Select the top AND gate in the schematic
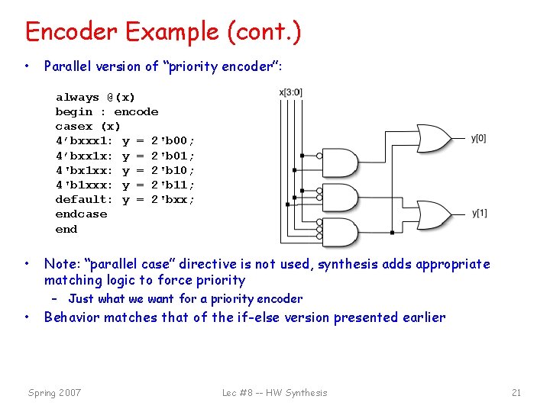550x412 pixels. click(x=343, y=163)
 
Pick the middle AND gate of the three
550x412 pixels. click(x=343, y=198)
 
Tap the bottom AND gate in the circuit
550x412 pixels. click(x=343, y=232)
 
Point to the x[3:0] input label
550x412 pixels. click(x=291, y=92)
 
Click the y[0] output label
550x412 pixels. click(x=479, y=138)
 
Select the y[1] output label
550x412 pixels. click(x=479, y=213)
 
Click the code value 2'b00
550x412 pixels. click(x=173, y=141)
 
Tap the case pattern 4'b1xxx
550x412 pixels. click(x=84, y=185)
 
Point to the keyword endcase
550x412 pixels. click(x=81, y=214)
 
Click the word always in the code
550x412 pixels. click(x=77, y=98)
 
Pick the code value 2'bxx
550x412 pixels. click(x=173, y=199)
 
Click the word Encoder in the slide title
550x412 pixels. click(x=72, y=32)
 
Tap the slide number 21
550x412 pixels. click(x=516, y=393)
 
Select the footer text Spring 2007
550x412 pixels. click(x=54, y=393)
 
